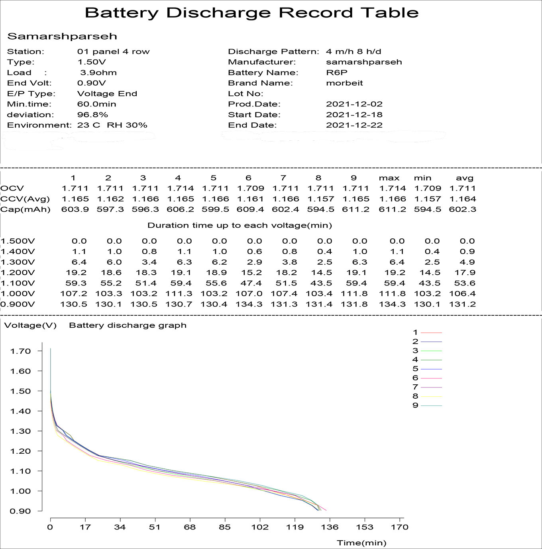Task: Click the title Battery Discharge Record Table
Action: point(251,13)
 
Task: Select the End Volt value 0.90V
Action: point(91,83)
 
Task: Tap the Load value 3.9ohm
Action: point(98,73)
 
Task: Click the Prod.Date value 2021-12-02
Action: point(354,104)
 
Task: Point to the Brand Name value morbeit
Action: point(344,83)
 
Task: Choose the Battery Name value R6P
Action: point(336,73)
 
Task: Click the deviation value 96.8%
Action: point(92,115)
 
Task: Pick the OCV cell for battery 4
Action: point(180,188)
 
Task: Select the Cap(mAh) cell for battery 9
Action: point(355,209)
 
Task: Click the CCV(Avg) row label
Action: point(25,199)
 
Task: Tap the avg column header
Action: point(464,178)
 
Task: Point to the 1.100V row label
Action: point(18,283)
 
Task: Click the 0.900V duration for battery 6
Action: point(250,304)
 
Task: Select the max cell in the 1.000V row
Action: point(392,294)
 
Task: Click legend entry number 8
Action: point(415,396)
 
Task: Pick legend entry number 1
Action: point(415,332)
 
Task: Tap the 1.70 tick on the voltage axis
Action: point(21,351)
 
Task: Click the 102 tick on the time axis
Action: point(260,527)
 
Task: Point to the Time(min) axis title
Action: point(361,543)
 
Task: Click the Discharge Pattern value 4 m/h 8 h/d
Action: point(353,51)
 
